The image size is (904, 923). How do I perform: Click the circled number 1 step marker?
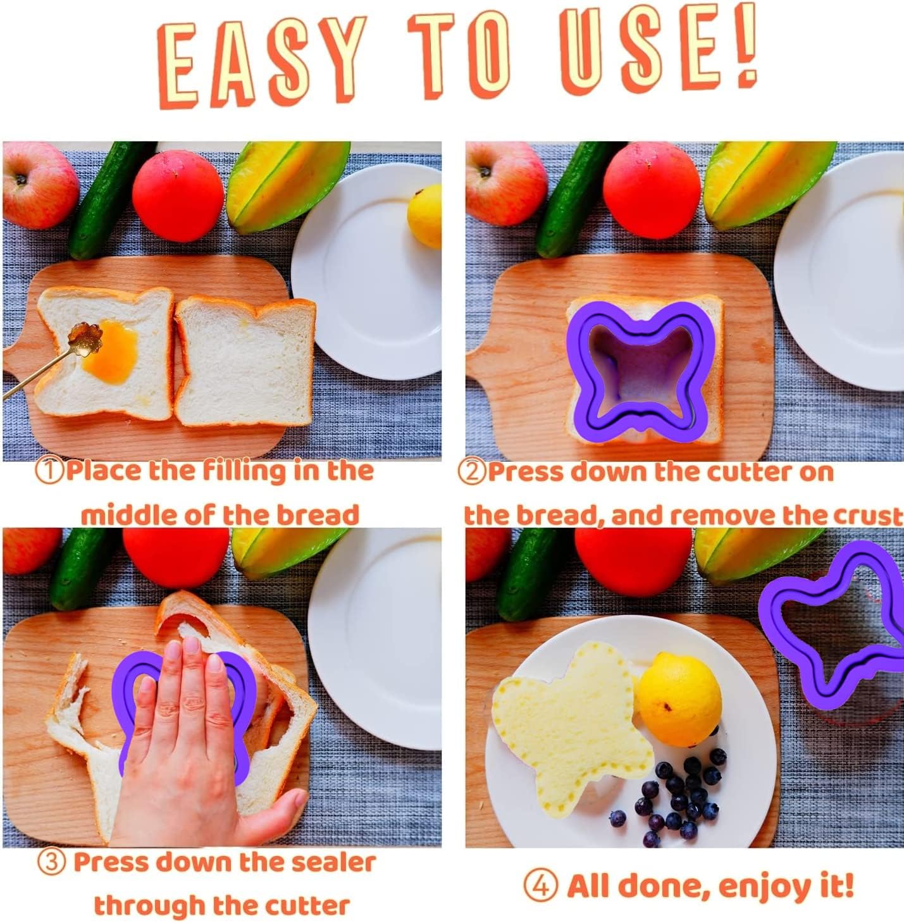coord(50,472)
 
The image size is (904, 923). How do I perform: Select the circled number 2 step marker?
coord(473,472)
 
